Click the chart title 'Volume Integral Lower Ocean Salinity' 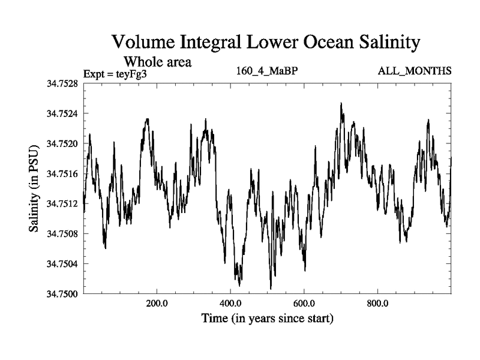click(264, 43)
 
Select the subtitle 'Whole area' click(157, 61)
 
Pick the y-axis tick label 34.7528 click(62, 83)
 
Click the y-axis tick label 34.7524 click(62, 113)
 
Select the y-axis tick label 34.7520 click(62, 143)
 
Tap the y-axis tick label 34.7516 click(62, 173)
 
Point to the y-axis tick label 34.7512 click(62, 203)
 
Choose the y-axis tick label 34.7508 click(62, 233)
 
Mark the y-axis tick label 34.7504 click(62, 263)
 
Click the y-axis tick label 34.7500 click(62, 293)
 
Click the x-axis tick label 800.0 click(378, 302)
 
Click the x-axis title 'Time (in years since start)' click(267, 317)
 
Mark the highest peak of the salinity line click(341, 103)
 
